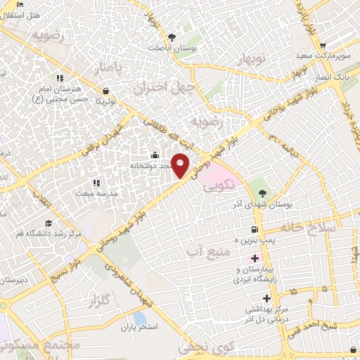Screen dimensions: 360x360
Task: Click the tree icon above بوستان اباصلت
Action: pyautogui.click(x=172, y=37)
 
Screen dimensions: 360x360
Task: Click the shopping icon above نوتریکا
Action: pyautogui.click(x=105, y=90)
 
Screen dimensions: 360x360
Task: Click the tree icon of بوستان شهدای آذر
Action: pyautogui.click(x=262, y=192)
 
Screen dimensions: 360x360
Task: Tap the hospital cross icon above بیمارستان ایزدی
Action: pyautogui.click(x=255, y=258)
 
